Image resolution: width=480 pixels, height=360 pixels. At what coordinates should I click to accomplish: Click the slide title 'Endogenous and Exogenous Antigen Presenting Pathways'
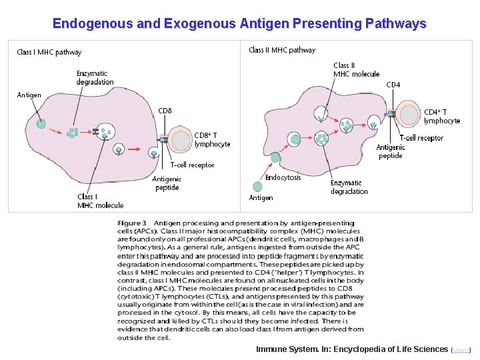[x=239, y=24]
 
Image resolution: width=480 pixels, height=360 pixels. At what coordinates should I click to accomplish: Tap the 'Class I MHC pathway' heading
[x=49, y=52]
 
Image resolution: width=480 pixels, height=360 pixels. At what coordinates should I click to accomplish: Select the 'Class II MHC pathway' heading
[x=282, y=50]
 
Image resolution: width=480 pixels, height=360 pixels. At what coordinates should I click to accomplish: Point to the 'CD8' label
[x=165, y=111]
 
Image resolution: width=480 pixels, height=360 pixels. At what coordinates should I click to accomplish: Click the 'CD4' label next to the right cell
[x=393, y=85]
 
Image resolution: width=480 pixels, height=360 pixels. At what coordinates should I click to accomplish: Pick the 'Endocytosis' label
[x=283, y=177]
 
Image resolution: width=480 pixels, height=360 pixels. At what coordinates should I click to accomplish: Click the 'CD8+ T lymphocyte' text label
[x=212, y=139]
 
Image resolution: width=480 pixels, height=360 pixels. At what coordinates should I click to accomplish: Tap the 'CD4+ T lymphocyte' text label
[x=442, y=116]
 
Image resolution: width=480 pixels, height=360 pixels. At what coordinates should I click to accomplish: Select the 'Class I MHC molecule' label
[x=100, y=201]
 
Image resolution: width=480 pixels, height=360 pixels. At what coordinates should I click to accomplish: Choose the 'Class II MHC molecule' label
[x=356, y=69]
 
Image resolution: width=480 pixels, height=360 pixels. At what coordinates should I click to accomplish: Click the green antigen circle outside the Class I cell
[x=41, y=123]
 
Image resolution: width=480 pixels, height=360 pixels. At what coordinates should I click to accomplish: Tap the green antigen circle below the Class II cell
[x=257, y=187]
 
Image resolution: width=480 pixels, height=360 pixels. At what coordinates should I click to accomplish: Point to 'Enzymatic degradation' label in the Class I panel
[x=95, y=77]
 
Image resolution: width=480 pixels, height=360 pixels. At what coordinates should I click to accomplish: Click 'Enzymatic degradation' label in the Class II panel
[x=349, y=187]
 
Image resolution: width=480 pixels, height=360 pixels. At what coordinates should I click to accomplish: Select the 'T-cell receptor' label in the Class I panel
[x=192, y=165]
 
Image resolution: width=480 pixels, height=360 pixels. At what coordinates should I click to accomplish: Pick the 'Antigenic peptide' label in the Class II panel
[x=390, y=151]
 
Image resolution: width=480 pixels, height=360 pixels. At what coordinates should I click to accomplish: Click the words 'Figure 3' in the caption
[x=132, y=223]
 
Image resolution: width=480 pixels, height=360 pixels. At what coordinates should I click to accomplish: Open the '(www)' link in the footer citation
[x=461, y=349]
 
